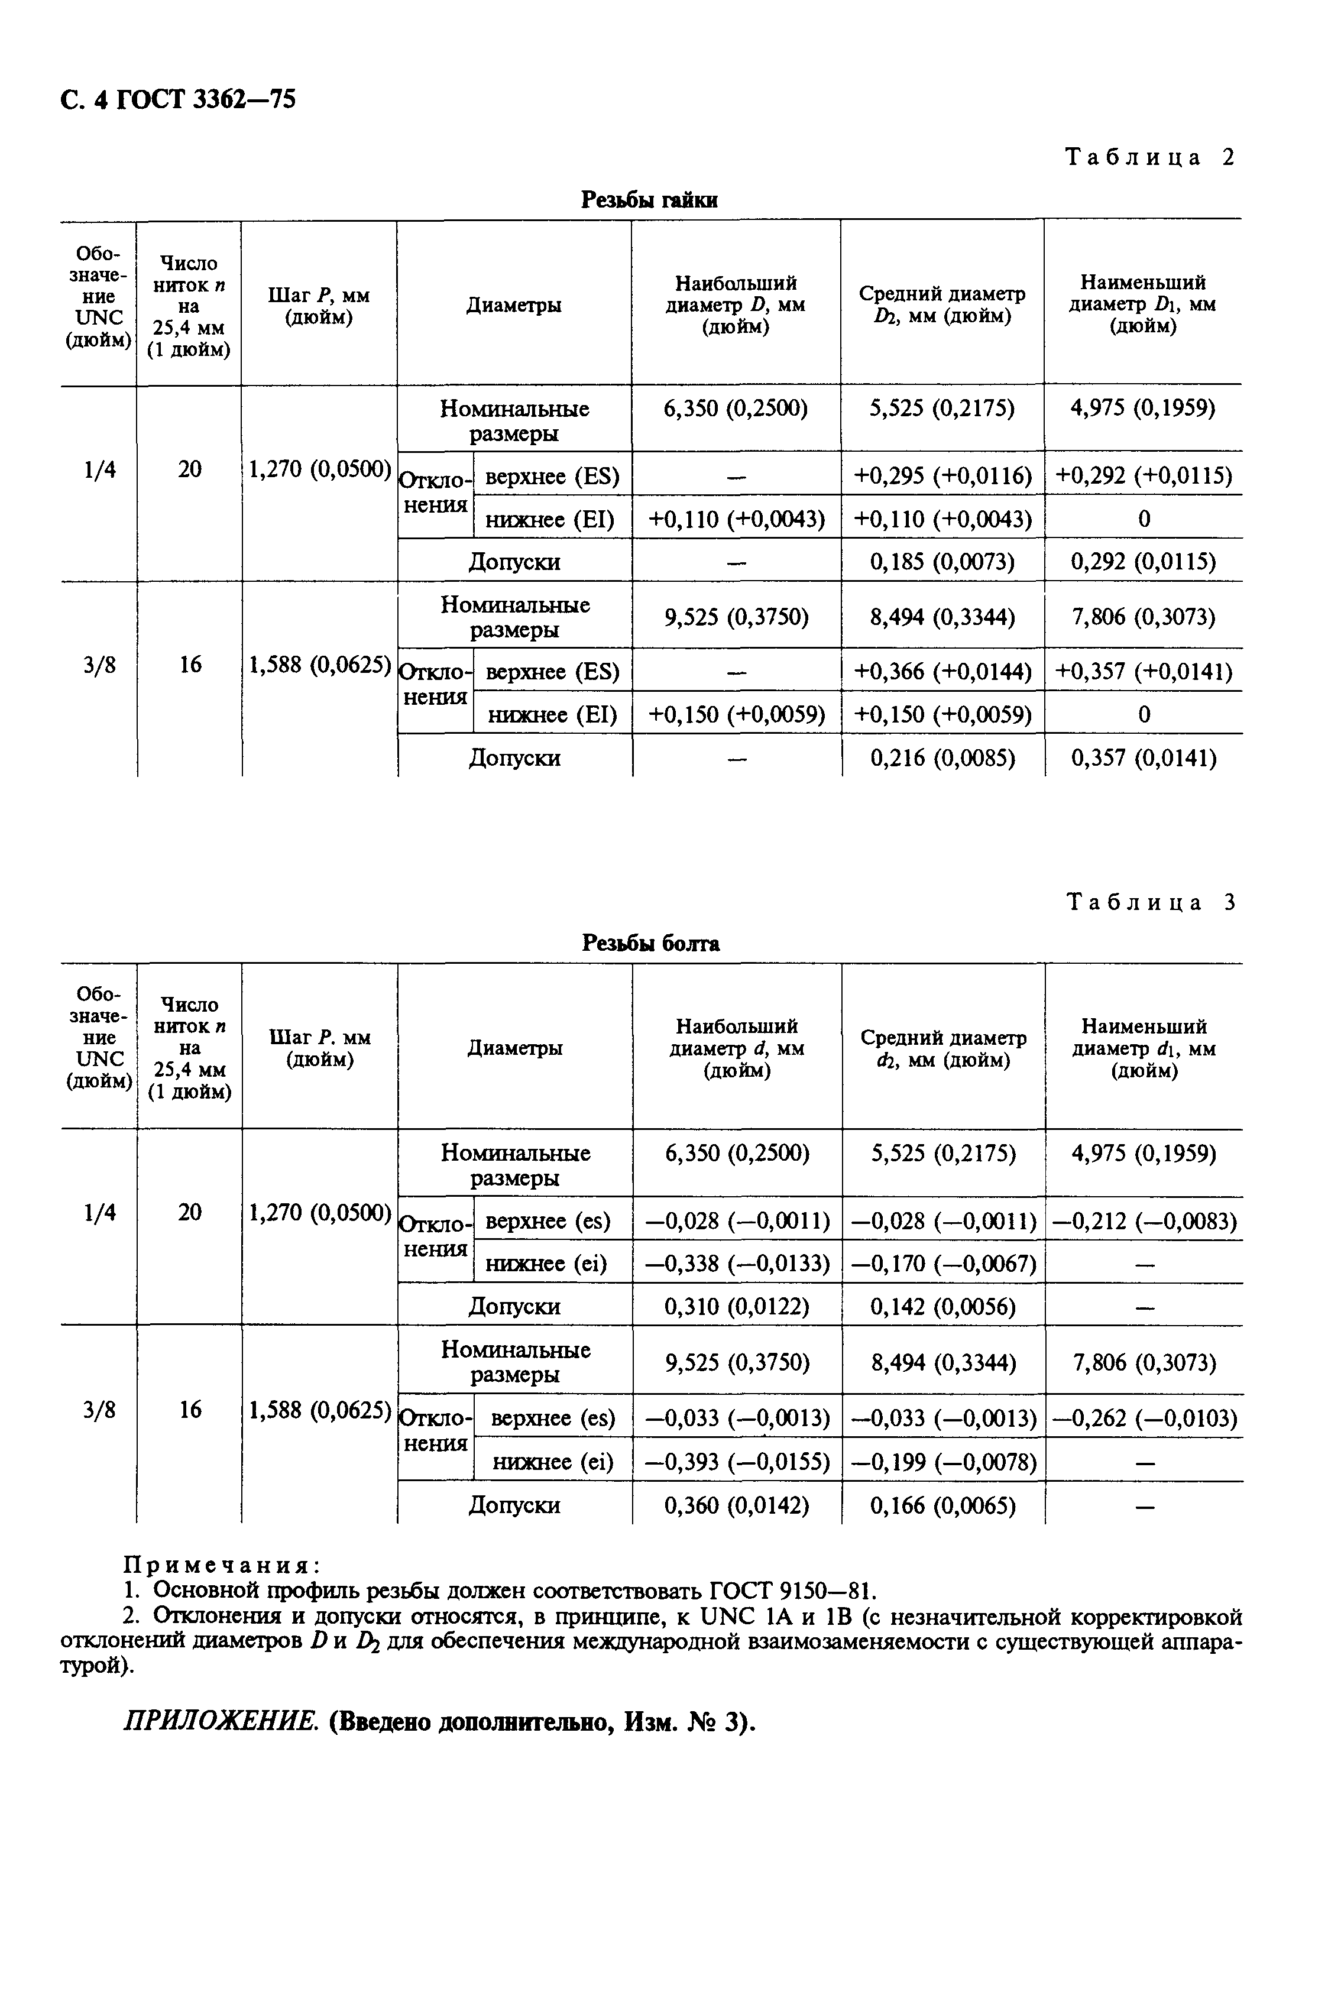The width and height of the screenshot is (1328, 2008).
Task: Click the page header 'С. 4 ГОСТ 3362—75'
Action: click(179, 99)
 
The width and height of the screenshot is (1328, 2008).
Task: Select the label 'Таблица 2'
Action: click(1150, 157)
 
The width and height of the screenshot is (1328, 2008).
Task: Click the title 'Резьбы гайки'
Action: click(650, 200)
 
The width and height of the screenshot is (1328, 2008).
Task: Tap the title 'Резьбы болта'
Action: click(650, 944)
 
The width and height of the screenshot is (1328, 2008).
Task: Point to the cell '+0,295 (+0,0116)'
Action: click(942, 476)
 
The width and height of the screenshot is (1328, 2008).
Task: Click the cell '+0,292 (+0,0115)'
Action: click(1144, 476)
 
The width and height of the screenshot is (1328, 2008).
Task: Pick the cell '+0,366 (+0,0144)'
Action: click(942, 672)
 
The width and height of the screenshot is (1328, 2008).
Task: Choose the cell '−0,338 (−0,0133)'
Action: click(737, 1264)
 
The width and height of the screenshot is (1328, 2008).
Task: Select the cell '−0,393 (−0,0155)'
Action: click(737, 1462)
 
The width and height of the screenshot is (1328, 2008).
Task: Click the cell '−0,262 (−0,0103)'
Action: click(1144, 1418)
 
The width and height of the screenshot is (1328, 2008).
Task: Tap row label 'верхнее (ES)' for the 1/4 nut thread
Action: click(552, 477)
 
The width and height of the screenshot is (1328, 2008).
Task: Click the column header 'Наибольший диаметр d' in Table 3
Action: click(737, 1048)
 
